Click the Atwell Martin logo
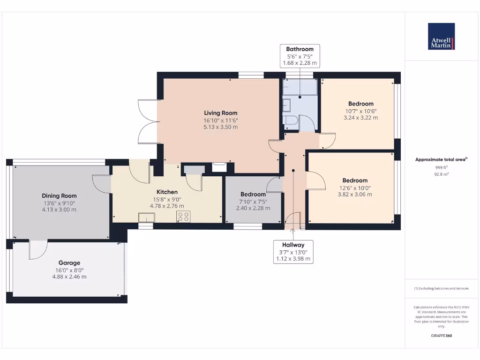pyautogui.click(x=441, y=37)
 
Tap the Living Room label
pyautogui.click(x=220, y=113)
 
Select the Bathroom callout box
pyautogui.click(x=300, y=56)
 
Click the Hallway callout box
pyautogui.click(x=293, y=252)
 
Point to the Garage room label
pyautogui.click(x=69, y=263)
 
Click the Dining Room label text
pyautogui.click(x=59, y=196)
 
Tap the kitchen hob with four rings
pyautogui.click(x=183, y=217)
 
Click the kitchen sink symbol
pyautogui.click(x=146, y=217)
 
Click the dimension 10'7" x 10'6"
pyautogui.click(x=360, y=111)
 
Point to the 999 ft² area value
pyautogui.click(x=441, y=167)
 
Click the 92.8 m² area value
pyautogui.click(x=441, y=173)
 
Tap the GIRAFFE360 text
pyautogui.click(x=441, y=336)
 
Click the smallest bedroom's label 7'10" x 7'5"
pyautogui.click(x=253, y=202)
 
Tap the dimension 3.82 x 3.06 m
pyautogui.click(x=355, y=195)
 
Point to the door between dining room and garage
pyautogui.click(x=37, y=249)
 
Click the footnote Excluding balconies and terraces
pyautogui.click(x=441, y=288)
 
